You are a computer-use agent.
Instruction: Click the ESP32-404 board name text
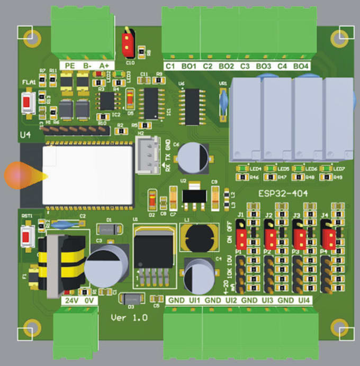click(x=284, y=194)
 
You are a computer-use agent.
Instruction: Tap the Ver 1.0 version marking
click(x=129, y=317)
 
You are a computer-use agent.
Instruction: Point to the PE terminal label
click(x=69, y=65)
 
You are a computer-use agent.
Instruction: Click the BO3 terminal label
click(x=263, y=66)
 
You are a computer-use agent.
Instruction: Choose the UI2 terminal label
click(x=231, y=300)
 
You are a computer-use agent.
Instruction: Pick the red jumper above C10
click(x=128, y=44)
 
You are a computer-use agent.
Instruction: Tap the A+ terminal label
click(x=104, y=65)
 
